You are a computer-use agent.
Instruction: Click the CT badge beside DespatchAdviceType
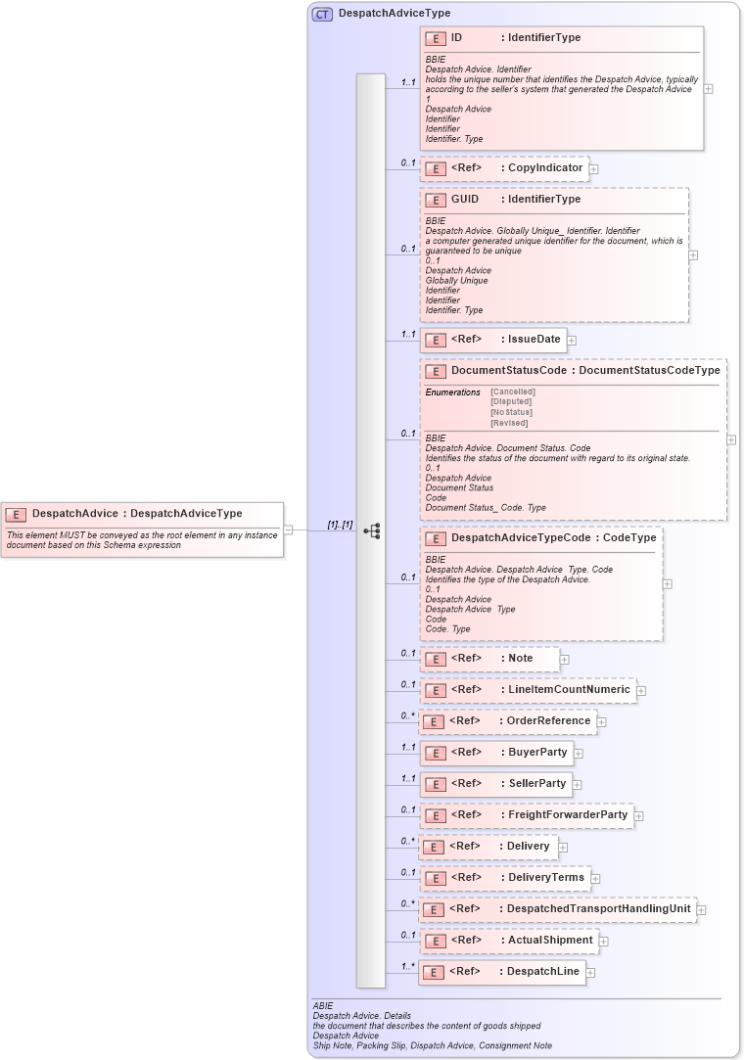click(x=322, y=14)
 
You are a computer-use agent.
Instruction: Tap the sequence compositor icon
click(x=372, y=530)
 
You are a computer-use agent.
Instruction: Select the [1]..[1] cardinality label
click(x=340, y=526)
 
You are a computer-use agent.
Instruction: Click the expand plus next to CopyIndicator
click(x=594, y=169)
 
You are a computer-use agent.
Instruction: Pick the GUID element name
click(x=465, y=199)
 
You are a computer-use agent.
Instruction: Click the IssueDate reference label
click(x=534, y=340)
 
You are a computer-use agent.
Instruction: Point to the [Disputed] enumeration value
click(x=511, y=401)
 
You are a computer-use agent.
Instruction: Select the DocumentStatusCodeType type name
click(x=649, y=371)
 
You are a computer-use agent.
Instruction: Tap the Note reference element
click(x=520, y=659)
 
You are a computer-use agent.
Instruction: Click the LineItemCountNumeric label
click(x=569, y=690)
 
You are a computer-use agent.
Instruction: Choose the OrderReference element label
click(x=548, y=721)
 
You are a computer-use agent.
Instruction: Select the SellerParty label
click(x=536, y=784)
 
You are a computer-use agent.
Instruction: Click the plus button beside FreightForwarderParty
click(x=638, y=814)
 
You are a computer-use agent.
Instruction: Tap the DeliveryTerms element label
click(x=545, y=878)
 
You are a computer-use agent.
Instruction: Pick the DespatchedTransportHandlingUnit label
click(x=598, y=909)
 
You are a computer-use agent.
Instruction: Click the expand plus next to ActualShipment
click(x=603, y=941)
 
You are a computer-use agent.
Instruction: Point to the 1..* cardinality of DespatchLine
click(x=407, y=966)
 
